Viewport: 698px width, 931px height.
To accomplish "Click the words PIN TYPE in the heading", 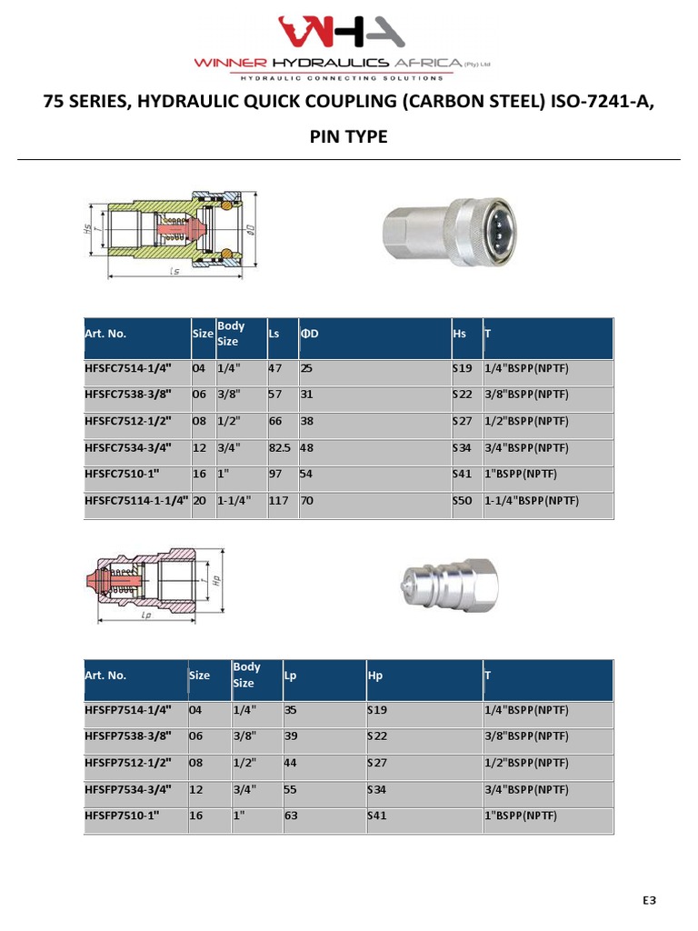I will tap(349, 136).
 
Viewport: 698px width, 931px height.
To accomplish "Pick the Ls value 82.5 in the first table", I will tap(279, 448).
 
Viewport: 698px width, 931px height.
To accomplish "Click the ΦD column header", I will tap(310, 334).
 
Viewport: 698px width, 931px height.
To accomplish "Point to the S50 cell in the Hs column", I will tap(463, 501).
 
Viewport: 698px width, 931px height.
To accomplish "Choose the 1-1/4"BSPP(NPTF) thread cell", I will tap(532, 501).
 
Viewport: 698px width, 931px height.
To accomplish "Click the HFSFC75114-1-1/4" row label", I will tap(136, 501).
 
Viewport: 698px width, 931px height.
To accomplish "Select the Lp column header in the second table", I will tap(291, 676).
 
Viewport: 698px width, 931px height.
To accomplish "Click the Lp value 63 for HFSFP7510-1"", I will tap(291, 816).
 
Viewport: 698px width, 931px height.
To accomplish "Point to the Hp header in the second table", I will tap(374, 676).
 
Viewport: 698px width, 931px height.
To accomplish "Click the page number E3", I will tap(649, 900).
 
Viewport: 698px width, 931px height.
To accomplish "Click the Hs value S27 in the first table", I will tap(463, 422).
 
